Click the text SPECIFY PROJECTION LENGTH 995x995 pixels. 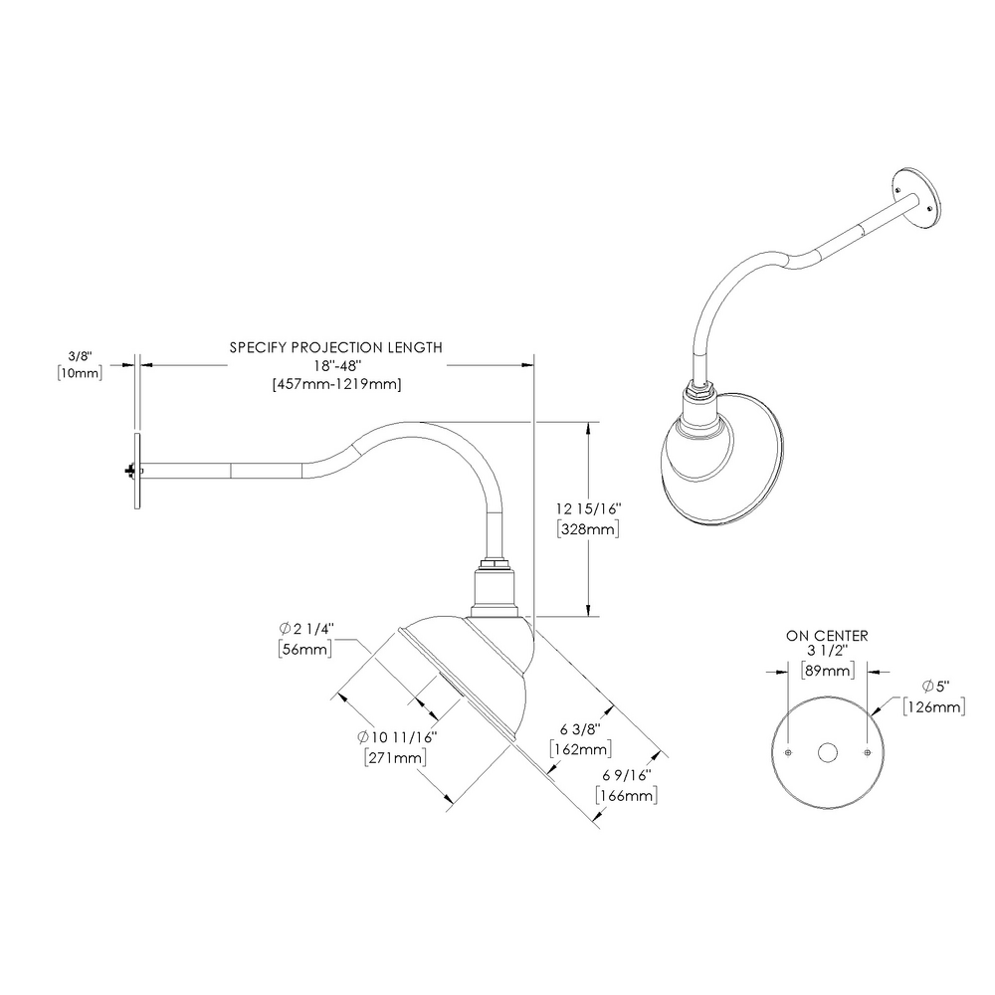(335, 347)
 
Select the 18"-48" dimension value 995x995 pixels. (335, 365)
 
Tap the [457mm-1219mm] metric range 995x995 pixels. (335, 383)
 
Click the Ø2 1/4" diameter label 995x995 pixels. (305, 629)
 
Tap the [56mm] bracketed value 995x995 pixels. (304, 648)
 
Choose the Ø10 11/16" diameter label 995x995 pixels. (397, 737)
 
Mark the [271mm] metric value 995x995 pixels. (396, 757)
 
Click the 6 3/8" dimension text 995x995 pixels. (579, 729)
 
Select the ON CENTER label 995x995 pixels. (827, 635)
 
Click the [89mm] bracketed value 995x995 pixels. (827, 671)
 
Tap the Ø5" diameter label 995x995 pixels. (933, 689)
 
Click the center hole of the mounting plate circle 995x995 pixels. (827, 753)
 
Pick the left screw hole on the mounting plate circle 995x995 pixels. (786, 752)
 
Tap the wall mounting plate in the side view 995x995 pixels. (137, 471)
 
